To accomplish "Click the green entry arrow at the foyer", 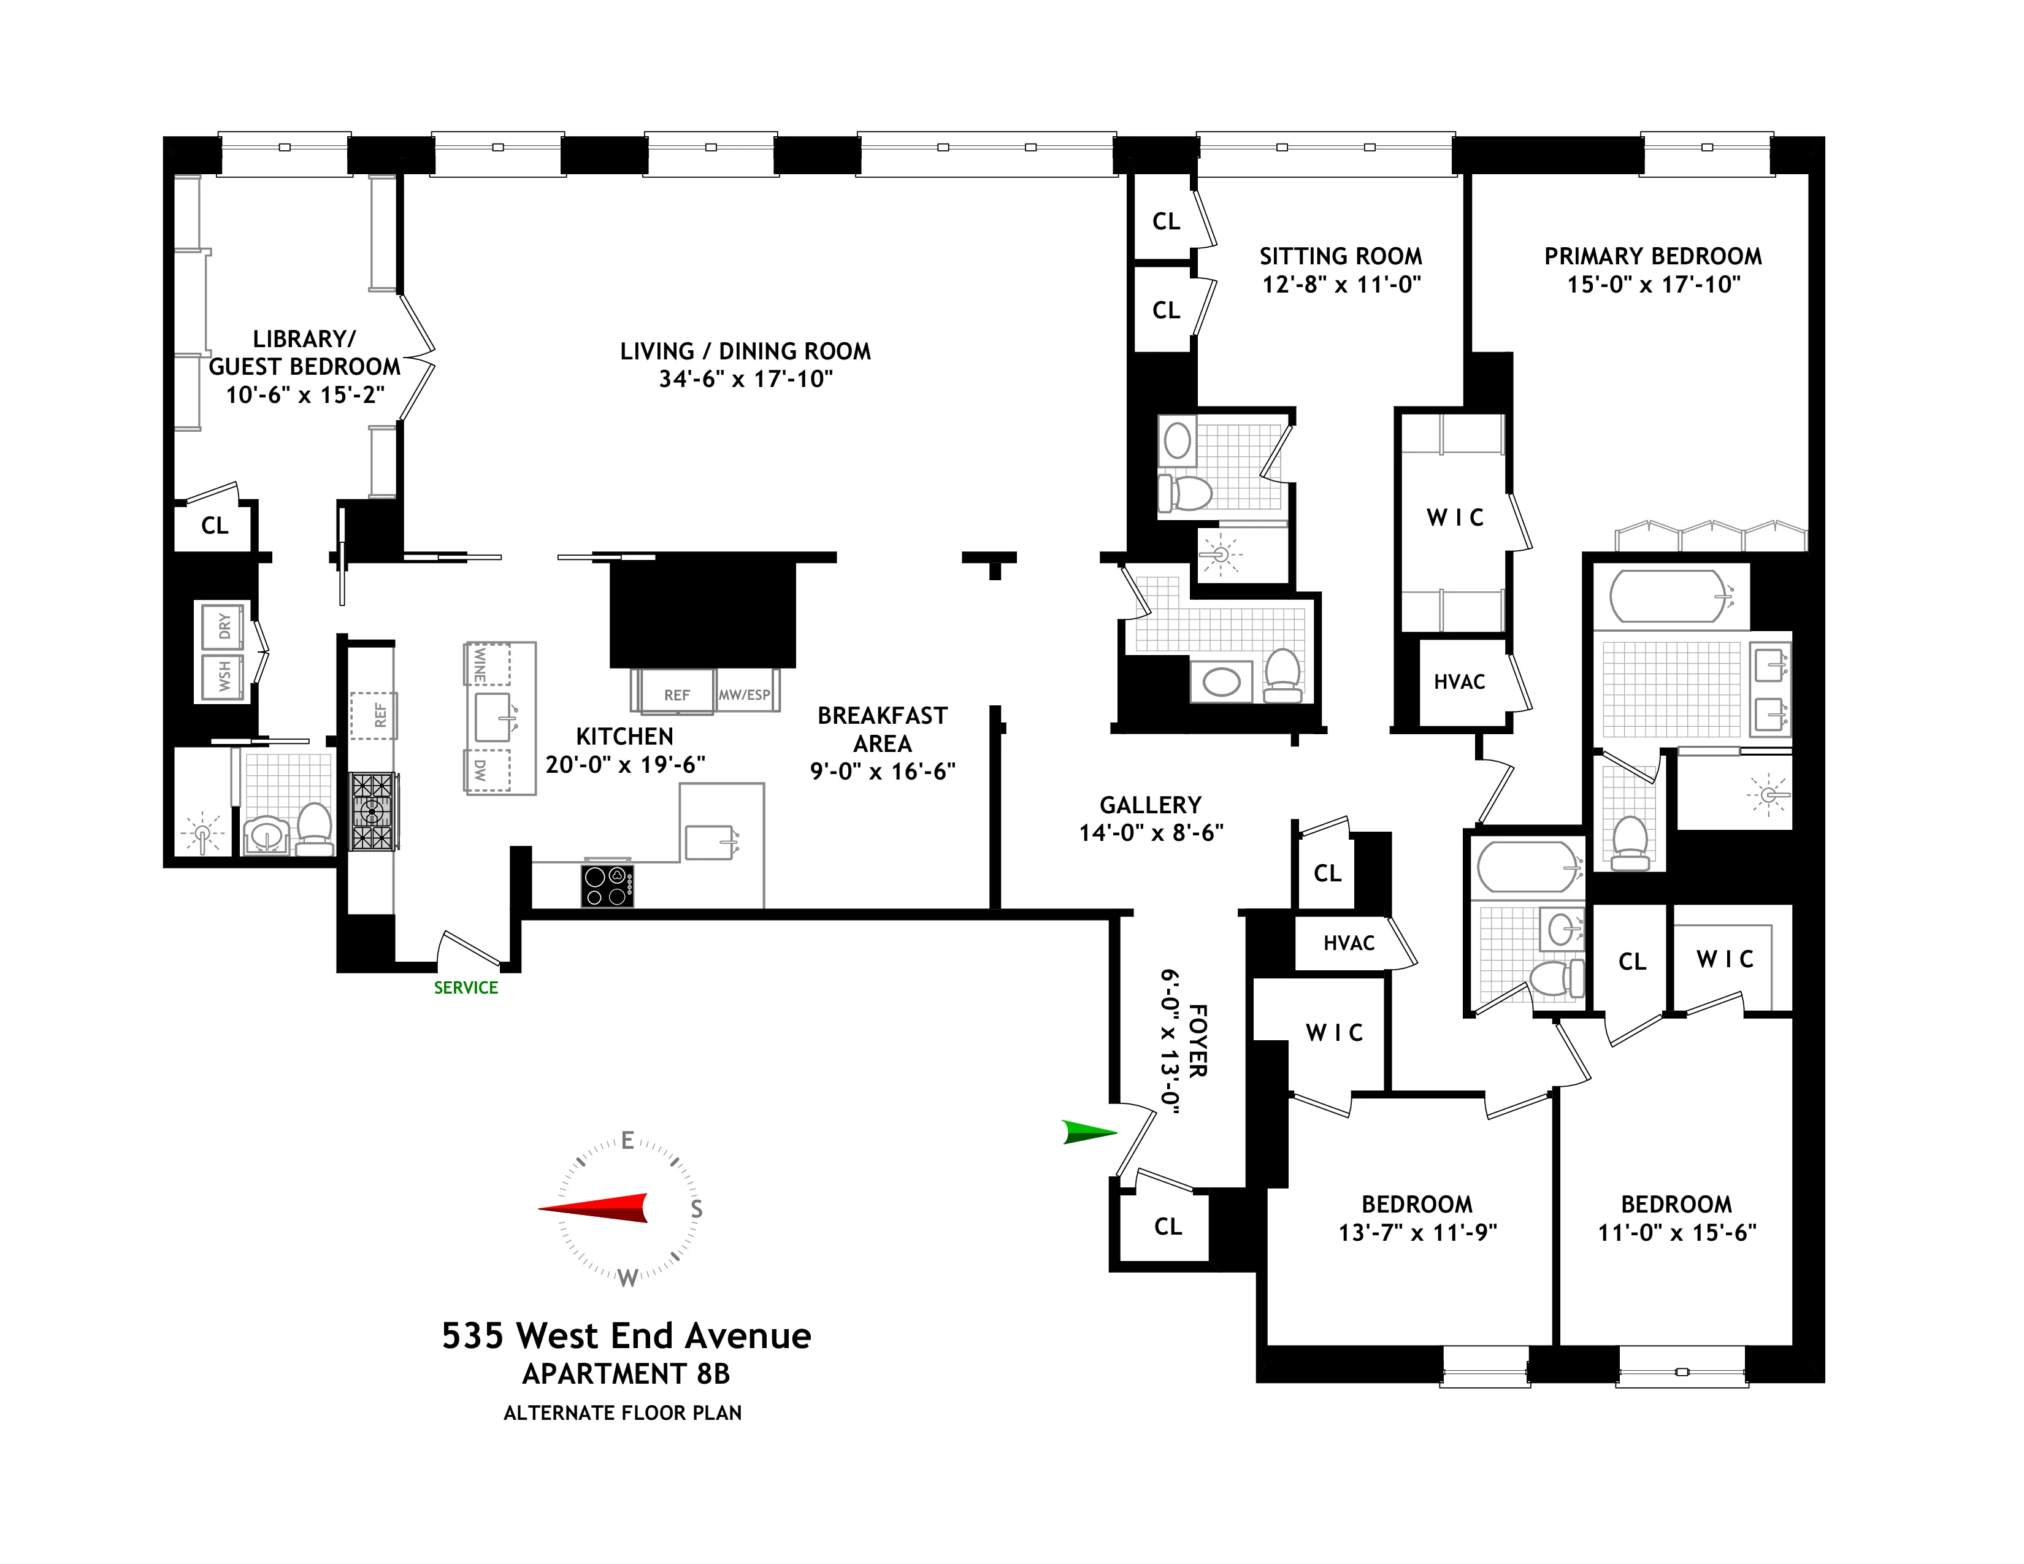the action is click(x=1089, y=1132).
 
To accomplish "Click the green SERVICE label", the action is click(x=466, y=987).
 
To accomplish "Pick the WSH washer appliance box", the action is click(x=223, y=677).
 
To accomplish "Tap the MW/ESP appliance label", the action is click(x=744, y=694).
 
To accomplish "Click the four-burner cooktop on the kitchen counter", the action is click(x=607, y=885).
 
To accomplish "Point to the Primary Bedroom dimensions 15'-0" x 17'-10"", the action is click(x=1654, y=285).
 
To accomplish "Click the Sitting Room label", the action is click(x=1340, y=256).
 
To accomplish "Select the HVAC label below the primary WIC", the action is click(x=1460, y=682).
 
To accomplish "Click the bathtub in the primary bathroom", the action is click(x=1668, y=595).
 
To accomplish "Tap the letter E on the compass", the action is click(x=627, y=1141).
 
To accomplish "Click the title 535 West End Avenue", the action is click(x=626, y=1335).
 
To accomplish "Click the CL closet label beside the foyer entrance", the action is click(x=1168, y=1227).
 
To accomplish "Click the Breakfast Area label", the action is click(x=882, y=729).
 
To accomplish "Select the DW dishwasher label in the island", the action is click(x=479, y=770).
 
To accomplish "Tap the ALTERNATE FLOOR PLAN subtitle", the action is click(x=623, y=1413).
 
